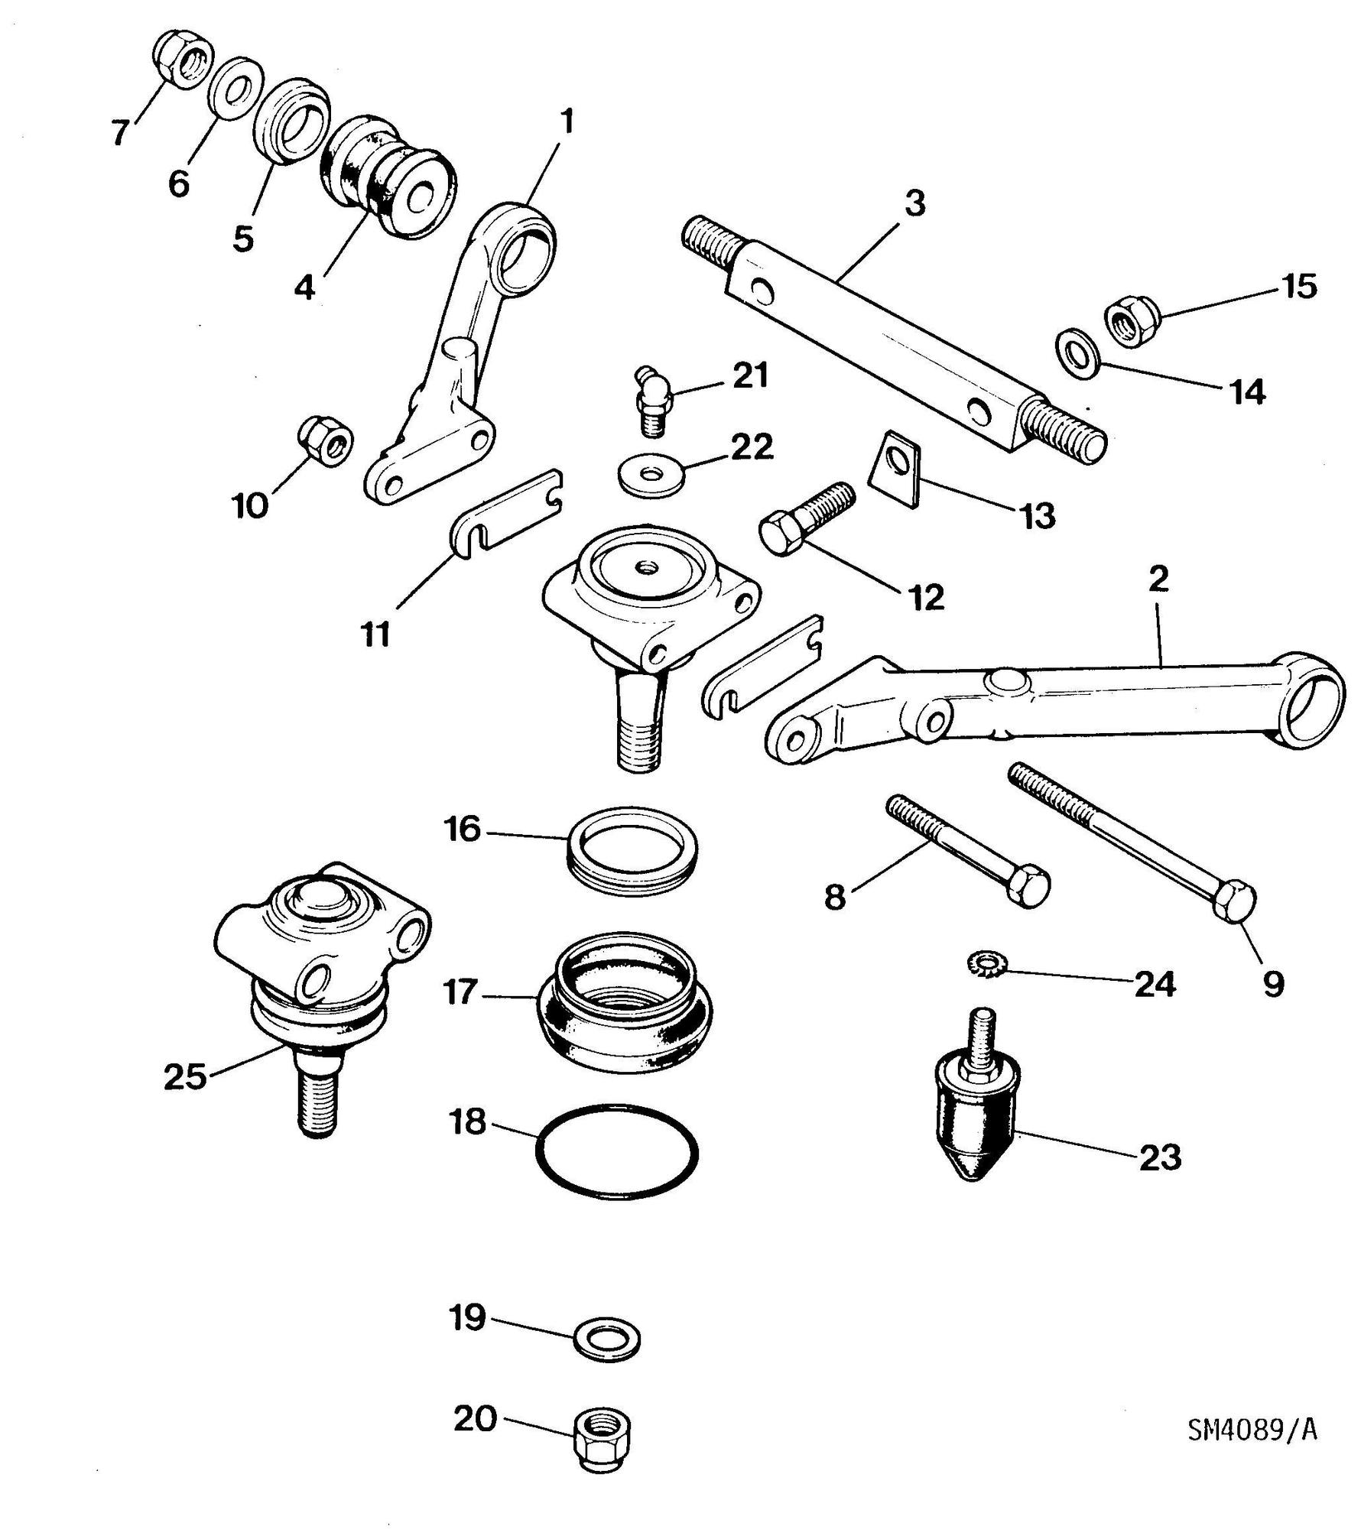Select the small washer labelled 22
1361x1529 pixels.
point(651,475)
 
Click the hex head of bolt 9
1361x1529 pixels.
point(1232,902)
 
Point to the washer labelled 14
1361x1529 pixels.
point(1077,352)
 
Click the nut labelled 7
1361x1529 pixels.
point(185,59)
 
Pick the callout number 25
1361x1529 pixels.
point(185,1077)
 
